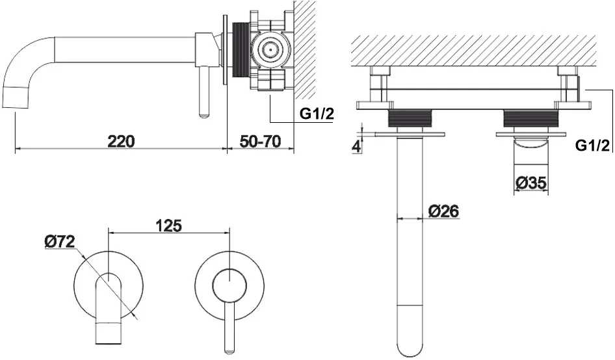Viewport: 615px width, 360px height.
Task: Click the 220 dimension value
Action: click(x=121, y=141)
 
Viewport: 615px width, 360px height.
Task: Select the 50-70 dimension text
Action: click(x=261, y=141)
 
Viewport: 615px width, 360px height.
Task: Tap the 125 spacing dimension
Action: click(x=168, y=225)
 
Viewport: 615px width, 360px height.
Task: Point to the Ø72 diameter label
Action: click(x=59, y=242)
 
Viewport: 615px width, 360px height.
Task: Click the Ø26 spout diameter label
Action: click(x=443, y=211)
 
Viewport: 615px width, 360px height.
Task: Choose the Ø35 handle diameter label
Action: click(x=531, y=183)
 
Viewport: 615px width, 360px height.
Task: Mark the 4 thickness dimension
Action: click(x=356, y=147)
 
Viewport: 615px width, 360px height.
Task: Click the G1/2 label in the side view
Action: click(x=317, y=114)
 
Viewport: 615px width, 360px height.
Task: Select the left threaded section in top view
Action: click(x=410, y=118)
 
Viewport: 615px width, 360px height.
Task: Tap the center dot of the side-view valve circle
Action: click(x=269, y=50)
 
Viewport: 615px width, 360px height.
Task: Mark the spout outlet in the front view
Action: click(x=107, y=333)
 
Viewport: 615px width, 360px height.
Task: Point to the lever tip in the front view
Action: click(x=229, y=349)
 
